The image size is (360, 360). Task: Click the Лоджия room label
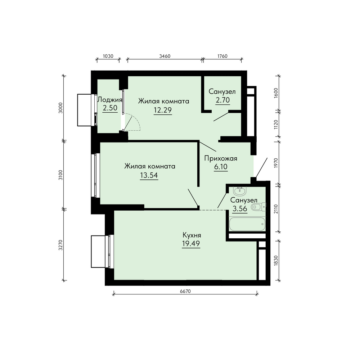110,100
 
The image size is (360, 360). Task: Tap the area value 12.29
163,110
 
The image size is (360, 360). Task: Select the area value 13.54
149,175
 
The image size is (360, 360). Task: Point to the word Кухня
192,235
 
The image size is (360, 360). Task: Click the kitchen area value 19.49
191,243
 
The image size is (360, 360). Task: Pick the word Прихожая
221,158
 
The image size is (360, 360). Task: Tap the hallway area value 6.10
221,167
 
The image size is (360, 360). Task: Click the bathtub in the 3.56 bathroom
247,224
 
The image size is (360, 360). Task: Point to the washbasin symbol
240,190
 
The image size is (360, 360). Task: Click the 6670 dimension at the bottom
185,291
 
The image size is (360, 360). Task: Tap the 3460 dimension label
165,56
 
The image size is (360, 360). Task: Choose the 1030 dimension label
108,56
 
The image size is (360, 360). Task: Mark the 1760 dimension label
222,56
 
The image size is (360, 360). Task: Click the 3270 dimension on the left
60,245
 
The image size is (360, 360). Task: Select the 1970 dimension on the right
276,163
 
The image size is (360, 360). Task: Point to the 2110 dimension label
276,209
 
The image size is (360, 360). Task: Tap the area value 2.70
222,100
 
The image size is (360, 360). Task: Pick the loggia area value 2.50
110,108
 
